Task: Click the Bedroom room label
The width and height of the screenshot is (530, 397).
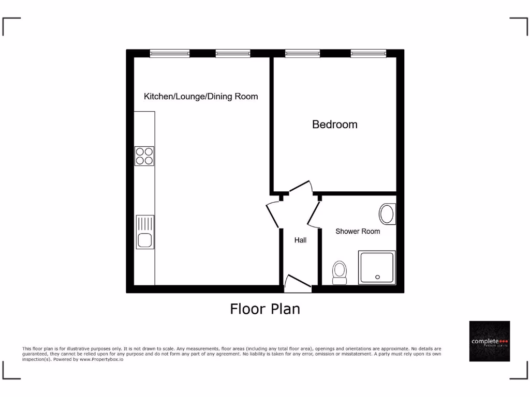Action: [x=334, y=125]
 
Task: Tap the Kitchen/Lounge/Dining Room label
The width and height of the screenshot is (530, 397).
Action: [x=201, y=97]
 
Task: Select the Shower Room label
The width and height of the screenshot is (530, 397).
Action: [x=358, y=231]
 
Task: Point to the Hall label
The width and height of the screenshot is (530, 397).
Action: [x=300, y=240]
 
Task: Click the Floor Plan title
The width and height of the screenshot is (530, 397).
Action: [x=265, y=309]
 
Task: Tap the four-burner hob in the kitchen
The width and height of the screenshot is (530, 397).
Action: [x=144, y=156]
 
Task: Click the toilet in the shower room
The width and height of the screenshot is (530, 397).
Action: [x=340, y=272]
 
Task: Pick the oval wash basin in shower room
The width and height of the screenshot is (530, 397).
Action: [x=388, y=214]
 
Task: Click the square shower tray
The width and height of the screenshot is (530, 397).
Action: [x=377, y=267]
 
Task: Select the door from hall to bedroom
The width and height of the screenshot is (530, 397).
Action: [x=301, y=188]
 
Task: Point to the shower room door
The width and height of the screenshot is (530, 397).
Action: [x=314, y=214]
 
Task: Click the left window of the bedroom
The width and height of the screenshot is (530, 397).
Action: [x=302, y=53]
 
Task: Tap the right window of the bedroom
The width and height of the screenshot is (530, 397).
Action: [x=369, y=53]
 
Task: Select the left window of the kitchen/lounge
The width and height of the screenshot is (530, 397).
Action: [x=170, y=53]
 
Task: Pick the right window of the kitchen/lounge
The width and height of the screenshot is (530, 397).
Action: [x=233, y=53]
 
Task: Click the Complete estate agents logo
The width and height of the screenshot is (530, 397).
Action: [x=489, y=341]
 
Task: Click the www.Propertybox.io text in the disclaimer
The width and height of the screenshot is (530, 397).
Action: [x=101, y=359]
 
